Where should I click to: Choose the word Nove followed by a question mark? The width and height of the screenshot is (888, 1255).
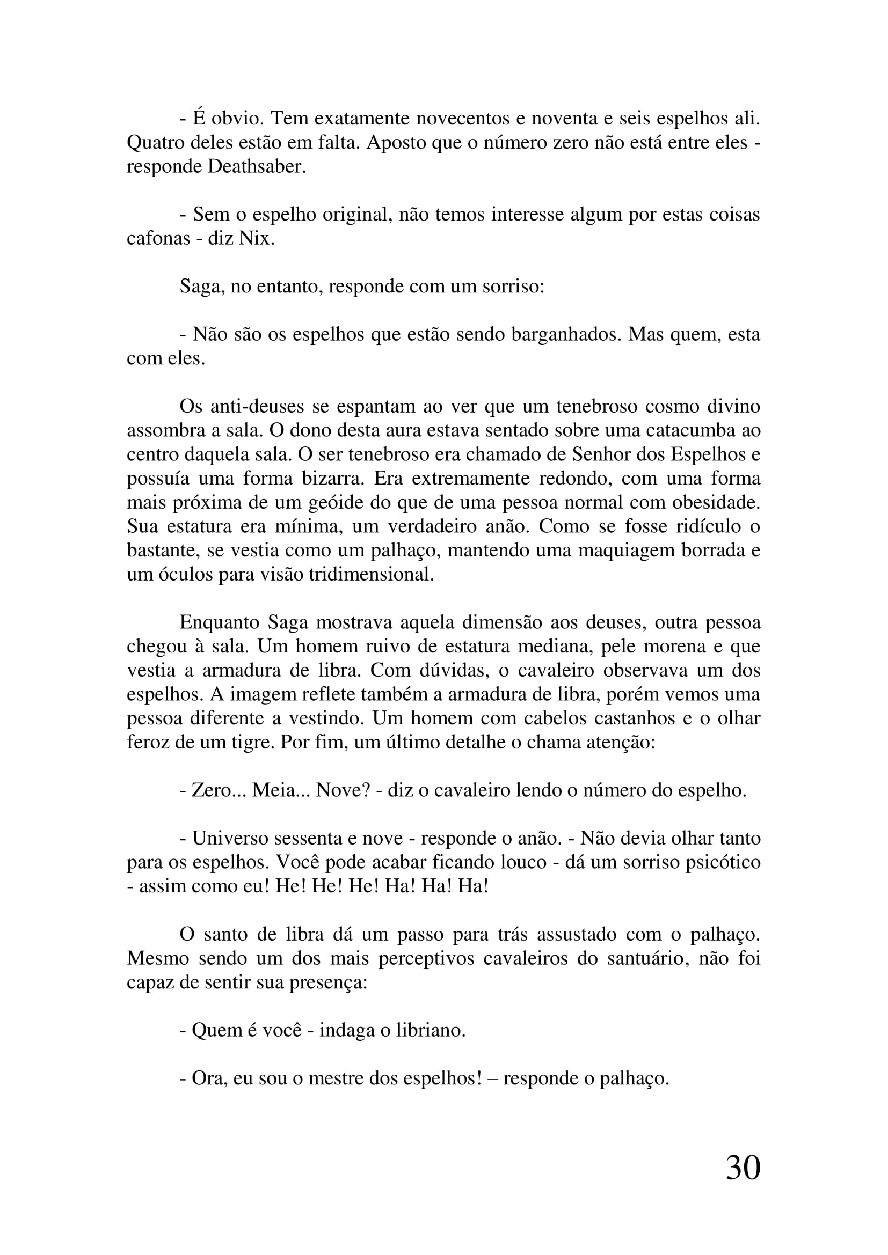[x=343, y=790]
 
